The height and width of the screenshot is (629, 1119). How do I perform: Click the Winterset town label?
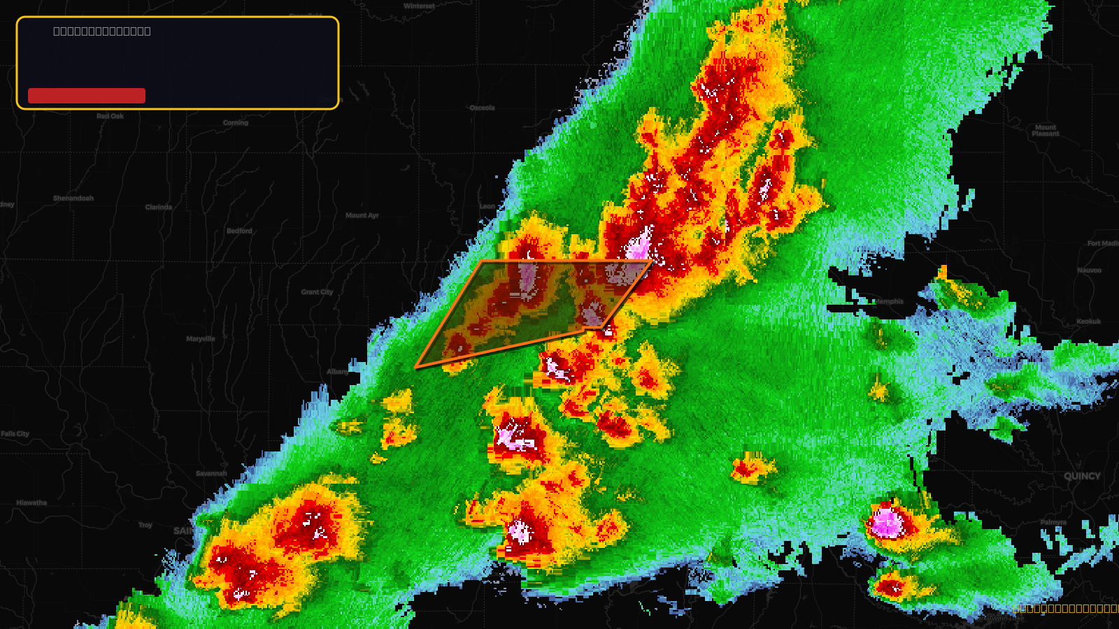click(420, 6)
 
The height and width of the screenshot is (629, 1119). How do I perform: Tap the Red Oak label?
click(110, 116)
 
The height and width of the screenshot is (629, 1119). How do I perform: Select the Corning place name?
click(236, 122)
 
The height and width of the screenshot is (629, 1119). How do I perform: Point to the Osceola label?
click(482, 108)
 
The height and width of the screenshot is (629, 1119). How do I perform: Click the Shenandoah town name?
click(73, 198)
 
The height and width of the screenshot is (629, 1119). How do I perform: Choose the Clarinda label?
click(159, 207)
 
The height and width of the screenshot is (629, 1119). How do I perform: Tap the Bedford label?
click(239, 231)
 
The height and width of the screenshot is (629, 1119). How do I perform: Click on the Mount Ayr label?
click(362, 215)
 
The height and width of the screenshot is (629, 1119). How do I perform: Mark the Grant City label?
click(317, 292)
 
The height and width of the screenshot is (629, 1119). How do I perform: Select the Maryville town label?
click(201, 339)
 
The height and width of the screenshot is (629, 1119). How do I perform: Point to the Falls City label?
click(15, 434)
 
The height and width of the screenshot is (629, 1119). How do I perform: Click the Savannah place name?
click(211, 473)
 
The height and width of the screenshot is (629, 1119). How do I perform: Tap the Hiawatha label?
click(31, 503)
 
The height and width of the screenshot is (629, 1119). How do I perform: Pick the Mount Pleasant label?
click(1046, 131)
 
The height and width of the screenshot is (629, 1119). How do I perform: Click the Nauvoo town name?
click(1089, 270)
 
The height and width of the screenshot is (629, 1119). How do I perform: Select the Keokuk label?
click(1088, 321)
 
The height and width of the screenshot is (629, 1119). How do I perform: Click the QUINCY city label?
click(1082, 476)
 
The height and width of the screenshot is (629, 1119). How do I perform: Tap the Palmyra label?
click(1053, 522)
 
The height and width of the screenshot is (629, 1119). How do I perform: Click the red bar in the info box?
click(87, 96)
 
